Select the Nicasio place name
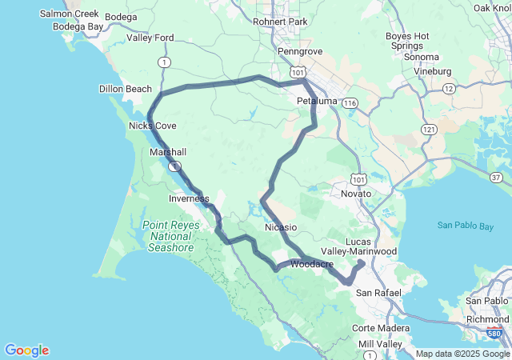click(x=281, y=228)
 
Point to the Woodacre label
click(x=313, y=264)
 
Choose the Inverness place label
click(x=189, y=198)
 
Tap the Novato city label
click(x=357, y=194)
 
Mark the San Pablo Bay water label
click(x=465, y=226)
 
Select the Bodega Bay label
click(x=78, y=26)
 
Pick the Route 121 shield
click(x=430, y=130)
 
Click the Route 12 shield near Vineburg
click(x=450, y=88)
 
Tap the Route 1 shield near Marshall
click(x=174, y=166)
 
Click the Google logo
click(x=26, y=350)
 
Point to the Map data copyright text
click(x=462, y=354)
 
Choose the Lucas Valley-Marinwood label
click(x=370, y=246)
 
